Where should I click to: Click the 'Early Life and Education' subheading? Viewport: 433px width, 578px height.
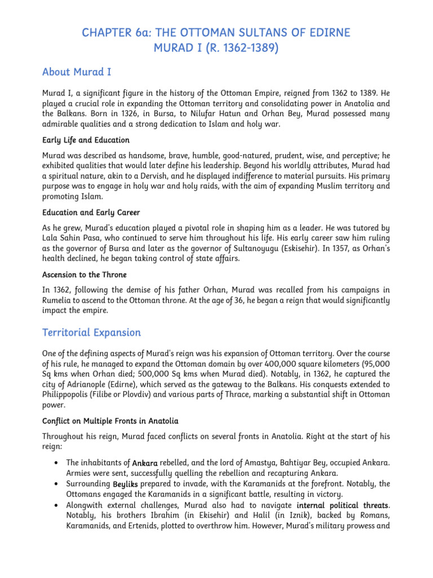point(86,140)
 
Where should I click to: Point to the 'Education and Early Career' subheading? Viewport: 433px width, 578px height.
point(91,213)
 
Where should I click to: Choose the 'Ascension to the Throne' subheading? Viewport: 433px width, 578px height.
point(85,274)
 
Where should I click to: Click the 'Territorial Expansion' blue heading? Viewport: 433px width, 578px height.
point(91,332)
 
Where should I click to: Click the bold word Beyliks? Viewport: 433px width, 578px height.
point(125,484)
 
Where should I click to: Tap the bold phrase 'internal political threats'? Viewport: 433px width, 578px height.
point(342,505)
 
